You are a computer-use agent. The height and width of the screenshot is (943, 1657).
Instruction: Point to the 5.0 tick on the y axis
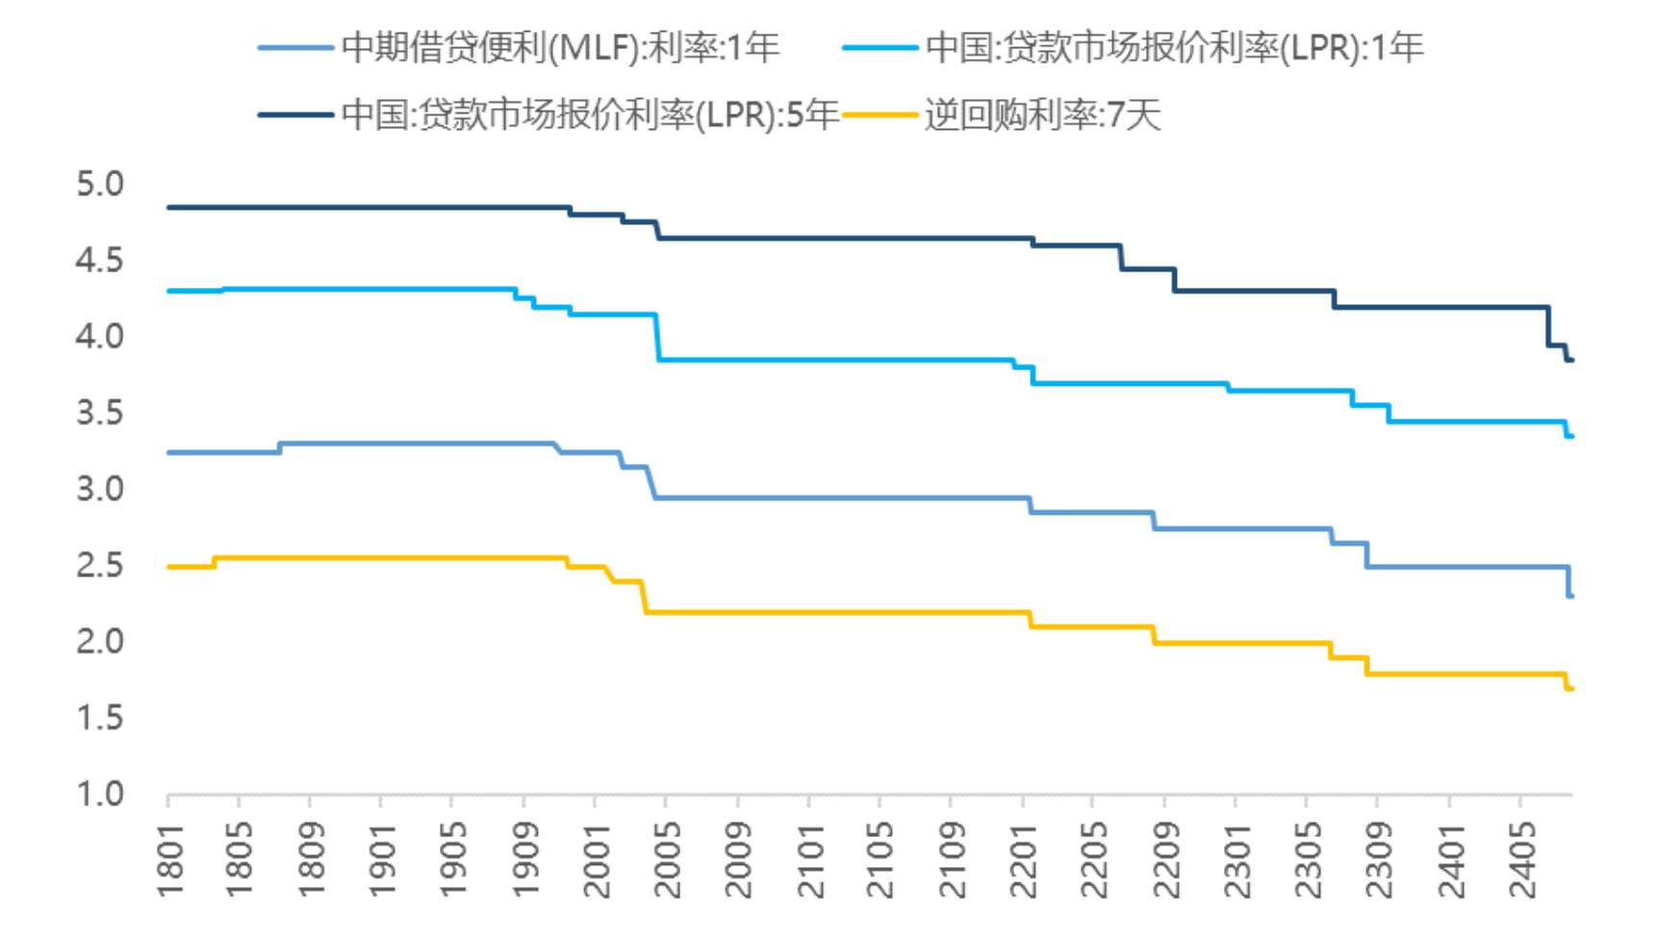pyautogui.click(x=100, y=184)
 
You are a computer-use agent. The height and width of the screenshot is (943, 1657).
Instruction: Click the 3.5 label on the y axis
pyautogui.click(x=100, y=413)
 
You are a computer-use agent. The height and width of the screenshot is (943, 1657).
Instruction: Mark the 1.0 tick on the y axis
pyautogui.click(x=100, y=794)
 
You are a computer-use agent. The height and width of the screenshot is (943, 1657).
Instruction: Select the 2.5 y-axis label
pyautogui.click(x=100, y=565)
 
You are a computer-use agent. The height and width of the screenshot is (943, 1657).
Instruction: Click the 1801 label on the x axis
pyautogui.click(x=169, y=859)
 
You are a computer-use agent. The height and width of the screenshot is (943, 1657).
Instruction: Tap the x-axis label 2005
pyautogui.click(x=667, y=859)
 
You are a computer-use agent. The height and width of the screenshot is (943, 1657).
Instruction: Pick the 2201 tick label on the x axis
pyautogui.click(x=1023, y=859)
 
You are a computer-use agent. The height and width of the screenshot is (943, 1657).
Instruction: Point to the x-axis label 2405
pyautogui.click(x=1521, y=859)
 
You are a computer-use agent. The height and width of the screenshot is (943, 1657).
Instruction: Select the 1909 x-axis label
pyautogui.click(x=524, y=859)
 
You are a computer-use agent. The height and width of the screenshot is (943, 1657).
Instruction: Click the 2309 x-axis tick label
pyautogui.click(x=1379, y=859)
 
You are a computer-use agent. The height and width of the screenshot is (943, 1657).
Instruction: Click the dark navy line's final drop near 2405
pyautogui.click(x=1548, y=327)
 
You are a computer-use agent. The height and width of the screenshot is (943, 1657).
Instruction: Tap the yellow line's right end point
pyautogui.click(x=1570, y=688)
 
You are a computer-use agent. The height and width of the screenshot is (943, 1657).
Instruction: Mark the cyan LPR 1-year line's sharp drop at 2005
pyautogui.click(x=657, y=337)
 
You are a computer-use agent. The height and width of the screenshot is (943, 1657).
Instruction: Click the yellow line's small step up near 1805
pyautogui.click(x=214, y=562)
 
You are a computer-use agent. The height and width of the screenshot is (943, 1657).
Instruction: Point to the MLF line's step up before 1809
pyautogui.click(x=279, y=447)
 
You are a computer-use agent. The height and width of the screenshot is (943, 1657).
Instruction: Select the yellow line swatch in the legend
pyautogui.click(x=879, y=115)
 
